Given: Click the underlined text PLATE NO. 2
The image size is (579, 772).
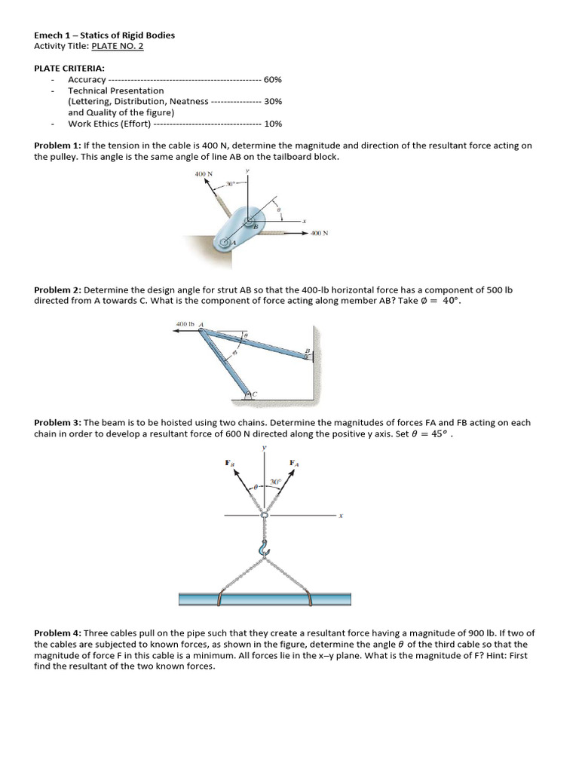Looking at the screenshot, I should click(117, 46).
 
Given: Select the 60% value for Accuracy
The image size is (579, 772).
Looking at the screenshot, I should click(273, 79).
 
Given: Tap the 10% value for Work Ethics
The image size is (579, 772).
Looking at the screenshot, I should click(273, 124).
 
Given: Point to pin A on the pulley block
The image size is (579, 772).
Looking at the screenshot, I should click(224, 244).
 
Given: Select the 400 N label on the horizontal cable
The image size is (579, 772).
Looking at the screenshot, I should click(319, 234).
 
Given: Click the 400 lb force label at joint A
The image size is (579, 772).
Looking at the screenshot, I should click(185, 324).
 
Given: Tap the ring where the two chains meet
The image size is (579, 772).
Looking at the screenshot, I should click(264, 516).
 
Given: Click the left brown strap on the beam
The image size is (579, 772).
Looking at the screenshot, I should click(217, 599).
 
